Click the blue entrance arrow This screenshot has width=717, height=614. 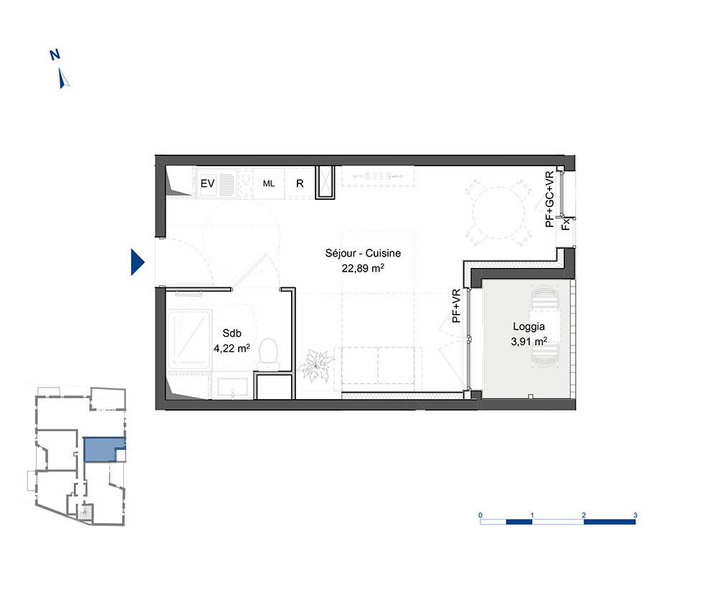pyautogui.click(x=137, y=262)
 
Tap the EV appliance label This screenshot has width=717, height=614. pyautogui.click(x=208, y=183)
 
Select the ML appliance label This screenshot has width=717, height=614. pyautogui.click(x=268, y=183)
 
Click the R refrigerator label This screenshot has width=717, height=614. pyautogui.click(x=300, y=183)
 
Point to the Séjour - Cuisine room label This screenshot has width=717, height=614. pyautogui.click(x=363, y=253)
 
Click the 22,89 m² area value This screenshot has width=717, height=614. pyautogui.click(x=363, y=268)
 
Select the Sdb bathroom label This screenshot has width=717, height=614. pyautogui.click(x=232, y=333)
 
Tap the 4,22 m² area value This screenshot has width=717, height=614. pyautogui.click(x=232, y=348)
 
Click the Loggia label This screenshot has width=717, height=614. pyautogui.click(x=528, y=327)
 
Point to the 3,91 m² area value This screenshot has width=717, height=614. pyautogui.click(x=528, y=341)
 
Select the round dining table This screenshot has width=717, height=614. pyautogui.click(x=498, y=213)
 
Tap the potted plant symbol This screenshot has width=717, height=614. pyautogui.click(x=316, y=365)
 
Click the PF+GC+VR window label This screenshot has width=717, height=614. pyautogui.click(x=550, y=199)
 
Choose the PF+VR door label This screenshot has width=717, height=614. pyautogui.click(x=456, y=306)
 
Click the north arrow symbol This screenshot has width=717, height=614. pyautogui.click(x=64, y=78)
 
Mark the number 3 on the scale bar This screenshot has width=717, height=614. pyautogui.click(x=635, y=515)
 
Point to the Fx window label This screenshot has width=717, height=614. pyautogui.click(x=566, y=224)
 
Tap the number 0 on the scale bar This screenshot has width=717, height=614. pyautogui.click(x=480, y=515)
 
